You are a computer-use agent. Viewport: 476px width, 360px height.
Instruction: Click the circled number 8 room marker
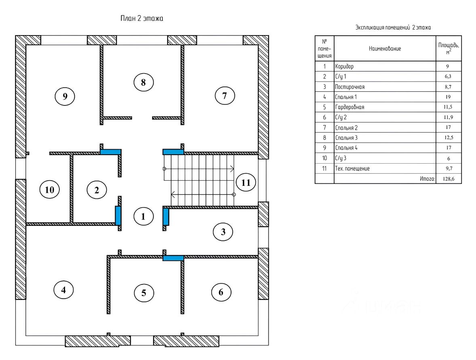143,82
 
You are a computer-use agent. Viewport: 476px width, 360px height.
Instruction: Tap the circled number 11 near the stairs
246,183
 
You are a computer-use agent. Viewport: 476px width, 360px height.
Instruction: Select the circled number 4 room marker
63,290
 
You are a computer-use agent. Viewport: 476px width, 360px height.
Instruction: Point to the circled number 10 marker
49,189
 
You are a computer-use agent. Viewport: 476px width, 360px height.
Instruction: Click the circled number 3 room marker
223,232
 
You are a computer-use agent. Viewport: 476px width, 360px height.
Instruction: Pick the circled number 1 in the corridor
143,217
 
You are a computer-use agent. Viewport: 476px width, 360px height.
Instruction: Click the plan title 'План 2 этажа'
142,19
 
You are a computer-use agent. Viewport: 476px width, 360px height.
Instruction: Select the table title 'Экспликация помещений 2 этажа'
393,27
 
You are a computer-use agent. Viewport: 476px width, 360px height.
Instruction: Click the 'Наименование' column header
385,48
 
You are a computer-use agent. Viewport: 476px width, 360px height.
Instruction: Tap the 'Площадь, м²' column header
449,48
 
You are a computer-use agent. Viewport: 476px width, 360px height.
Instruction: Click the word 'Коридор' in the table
344,67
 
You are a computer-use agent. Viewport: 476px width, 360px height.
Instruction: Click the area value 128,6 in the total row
449,179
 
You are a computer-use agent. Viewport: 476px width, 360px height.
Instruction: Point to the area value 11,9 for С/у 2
449,117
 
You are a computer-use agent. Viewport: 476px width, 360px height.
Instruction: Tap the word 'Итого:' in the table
428,179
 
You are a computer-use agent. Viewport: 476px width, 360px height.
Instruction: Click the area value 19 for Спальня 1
449,97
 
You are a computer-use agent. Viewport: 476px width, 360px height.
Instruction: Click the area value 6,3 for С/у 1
448,76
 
